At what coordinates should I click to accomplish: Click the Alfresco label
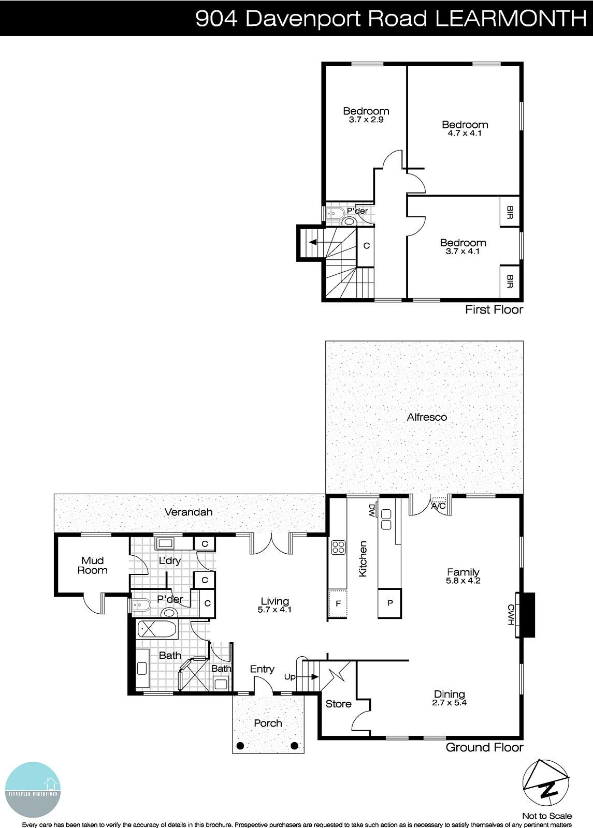coord(427,417)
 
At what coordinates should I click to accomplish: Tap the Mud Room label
coord(93,566)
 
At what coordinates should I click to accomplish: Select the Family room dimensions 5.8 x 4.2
coord(463,581)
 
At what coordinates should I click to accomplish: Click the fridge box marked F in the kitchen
coord(338,603)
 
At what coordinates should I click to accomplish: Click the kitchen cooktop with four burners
coord(338,548)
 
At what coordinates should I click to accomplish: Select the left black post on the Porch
coord(240,746)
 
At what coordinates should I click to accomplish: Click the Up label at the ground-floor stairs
coord(290,676)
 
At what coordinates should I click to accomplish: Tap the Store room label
coord(338,704)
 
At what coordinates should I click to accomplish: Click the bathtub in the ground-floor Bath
coord(157,630)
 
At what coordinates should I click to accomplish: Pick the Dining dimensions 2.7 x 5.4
coord(450,703)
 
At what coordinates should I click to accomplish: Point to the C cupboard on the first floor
coord(366,246)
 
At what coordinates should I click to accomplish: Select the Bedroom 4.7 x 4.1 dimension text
coord(465,133)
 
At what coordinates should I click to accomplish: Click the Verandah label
coord(189,512)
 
